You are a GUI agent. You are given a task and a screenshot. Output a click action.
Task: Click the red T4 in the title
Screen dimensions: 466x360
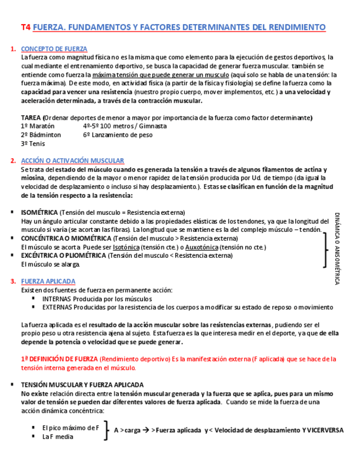pos(25,27)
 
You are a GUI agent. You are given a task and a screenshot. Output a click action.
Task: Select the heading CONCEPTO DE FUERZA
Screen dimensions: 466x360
pos(54,49)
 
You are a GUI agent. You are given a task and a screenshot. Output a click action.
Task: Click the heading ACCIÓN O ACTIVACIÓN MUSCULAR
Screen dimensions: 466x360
pos(73,160)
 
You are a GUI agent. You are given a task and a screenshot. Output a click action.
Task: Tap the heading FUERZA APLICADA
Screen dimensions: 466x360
pos(48,281)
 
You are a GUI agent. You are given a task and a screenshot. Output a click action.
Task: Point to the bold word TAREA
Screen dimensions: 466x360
pos(31,118)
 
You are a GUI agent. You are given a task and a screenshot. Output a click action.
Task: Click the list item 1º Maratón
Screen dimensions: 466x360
pos(37,126)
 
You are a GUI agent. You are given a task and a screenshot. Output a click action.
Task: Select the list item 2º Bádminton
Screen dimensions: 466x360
pos(41,135)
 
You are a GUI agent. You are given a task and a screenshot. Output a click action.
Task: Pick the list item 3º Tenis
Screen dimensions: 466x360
pos(33,143)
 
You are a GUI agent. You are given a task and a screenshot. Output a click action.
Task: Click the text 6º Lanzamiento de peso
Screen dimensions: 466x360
pos(118,135)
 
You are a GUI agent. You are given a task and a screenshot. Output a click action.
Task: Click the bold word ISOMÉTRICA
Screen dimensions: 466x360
pos(39,212)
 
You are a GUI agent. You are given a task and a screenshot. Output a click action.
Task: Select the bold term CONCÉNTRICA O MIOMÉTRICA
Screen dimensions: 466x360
pos(66,238)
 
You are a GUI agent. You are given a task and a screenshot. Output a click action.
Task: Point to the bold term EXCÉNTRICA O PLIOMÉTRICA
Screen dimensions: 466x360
pos(64,256)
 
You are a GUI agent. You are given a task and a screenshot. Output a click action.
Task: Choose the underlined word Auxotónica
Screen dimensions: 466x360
pos(201,247)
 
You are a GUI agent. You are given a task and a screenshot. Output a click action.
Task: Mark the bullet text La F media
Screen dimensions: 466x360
pos(58,437)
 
